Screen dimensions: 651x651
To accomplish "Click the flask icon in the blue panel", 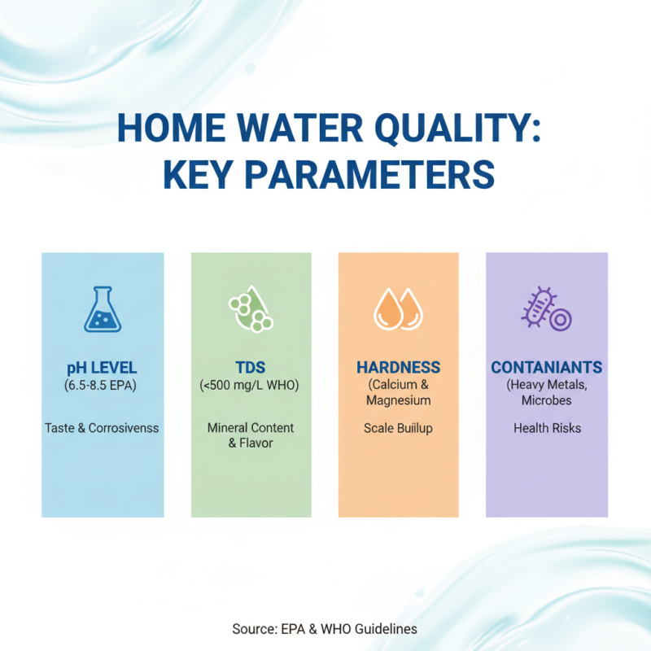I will [103, 309].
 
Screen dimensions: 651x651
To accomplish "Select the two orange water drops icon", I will [398, 310].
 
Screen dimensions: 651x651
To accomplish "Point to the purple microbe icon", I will [546, 310].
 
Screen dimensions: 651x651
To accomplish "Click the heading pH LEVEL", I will [103, 368].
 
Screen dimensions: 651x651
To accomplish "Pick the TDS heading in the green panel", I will [251, 368].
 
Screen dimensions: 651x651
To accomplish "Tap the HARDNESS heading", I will [398, 368].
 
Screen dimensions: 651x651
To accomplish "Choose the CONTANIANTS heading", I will [547, 368].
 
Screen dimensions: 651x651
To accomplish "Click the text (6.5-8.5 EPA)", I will [103, 385].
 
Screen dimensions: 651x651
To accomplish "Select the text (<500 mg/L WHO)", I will [251, 385].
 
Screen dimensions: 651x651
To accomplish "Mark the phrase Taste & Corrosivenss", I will [103, 427].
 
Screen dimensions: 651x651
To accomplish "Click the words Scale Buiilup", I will [398, 427].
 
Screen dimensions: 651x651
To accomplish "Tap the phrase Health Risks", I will [547, 427].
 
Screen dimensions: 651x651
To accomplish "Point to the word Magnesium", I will [398, 400].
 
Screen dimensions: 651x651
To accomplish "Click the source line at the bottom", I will [325, 628].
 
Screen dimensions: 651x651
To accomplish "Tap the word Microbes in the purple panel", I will [547, 400].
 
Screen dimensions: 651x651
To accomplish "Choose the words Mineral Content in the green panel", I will [251, 427].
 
